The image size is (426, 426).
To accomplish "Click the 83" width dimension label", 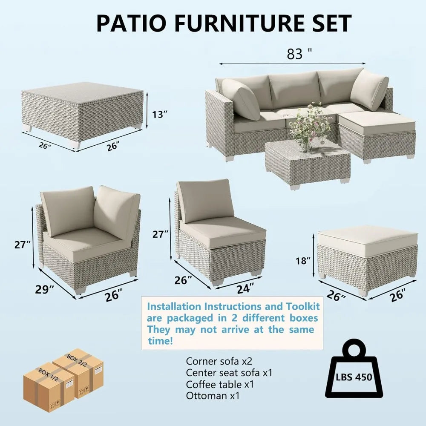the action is pyautogui.click(x=299, y=54).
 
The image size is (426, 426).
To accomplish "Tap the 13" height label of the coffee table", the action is pyautogui.click(x=159, y=114).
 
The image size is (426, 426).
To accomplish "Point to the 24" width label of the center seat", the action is pyautogui.click(x=245, y=288).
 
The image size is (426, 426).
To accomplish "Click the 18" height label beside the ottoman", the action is pyautogui.click(x=303, y=261).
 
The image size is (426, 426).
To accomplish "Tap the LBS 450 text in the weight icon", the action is pyautogui.click(x=354, y=377).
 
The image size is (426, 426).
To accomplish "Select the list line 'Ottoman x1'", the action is pyautogui.click(x=213, y=396).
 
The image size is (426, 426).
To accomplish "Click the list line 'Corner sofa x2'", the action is pyautogui.click(x=219, y=361).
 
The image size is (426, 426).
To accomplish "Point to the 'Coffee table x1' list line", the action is pyautogui.click(x=220, y=384).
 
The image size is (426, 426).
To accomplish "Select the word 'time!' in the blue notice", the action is pyautogui.click(x=160, y=341).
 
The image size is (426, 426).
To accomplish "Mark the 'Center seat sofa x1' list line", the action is pyautogui.click(x=229, y=373).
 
